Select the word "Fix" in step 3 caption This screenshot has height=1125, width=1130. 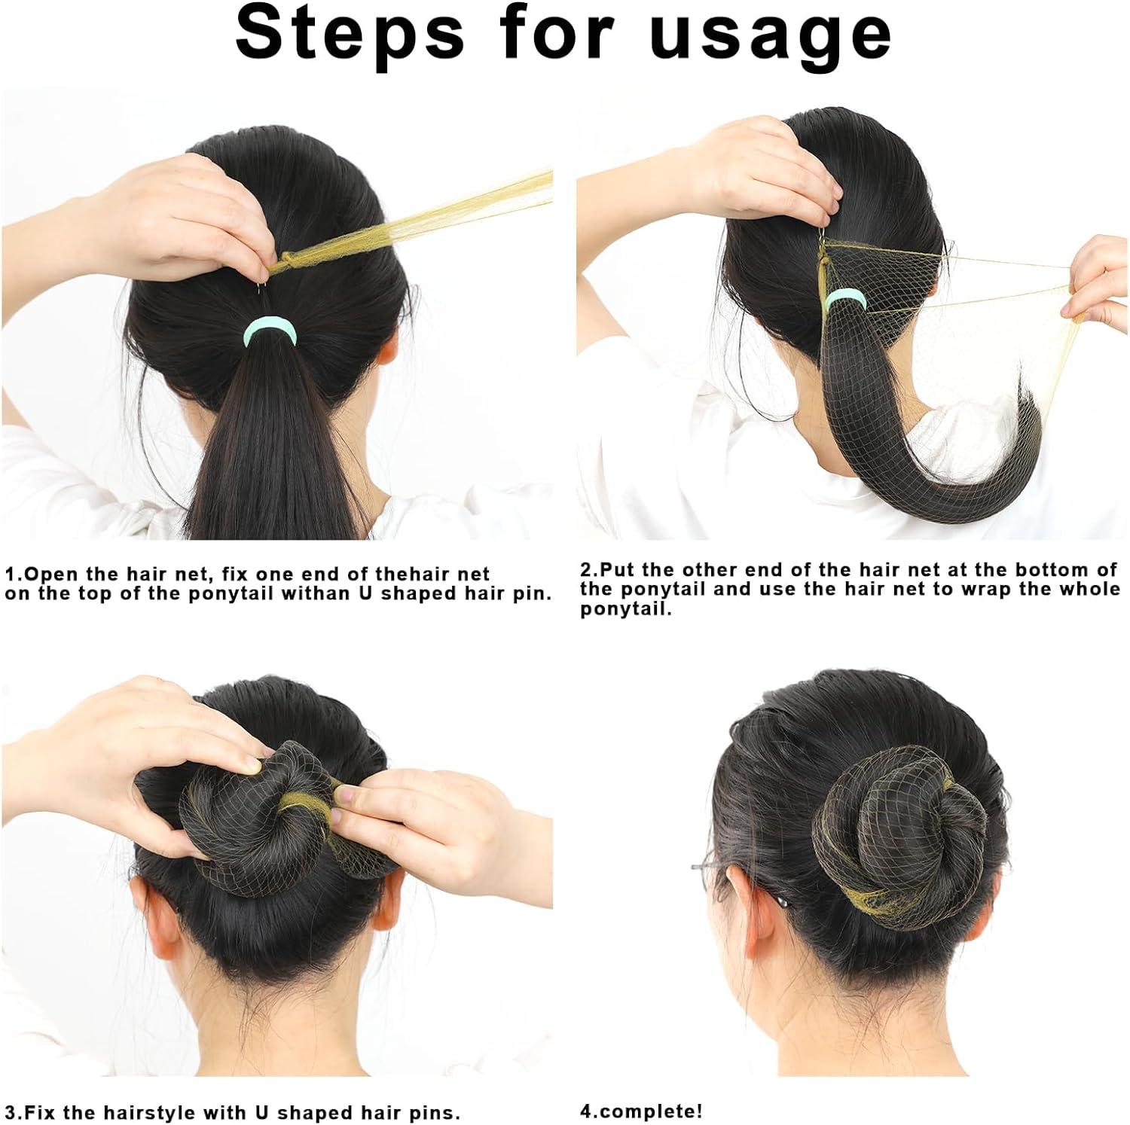tap(46, 1112)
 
